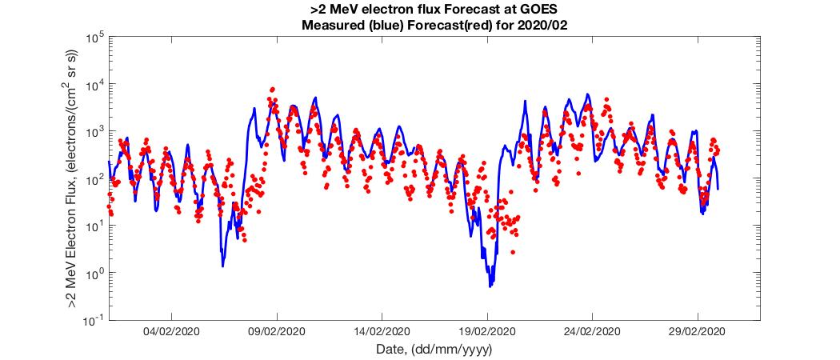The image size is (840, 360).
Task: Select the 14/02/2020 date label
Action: [382, 331]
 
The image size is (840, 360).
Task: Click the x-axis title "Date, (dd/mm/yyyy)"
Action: [434, 350]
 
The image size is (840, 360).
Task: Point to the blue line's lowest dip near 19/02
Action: [490, 286]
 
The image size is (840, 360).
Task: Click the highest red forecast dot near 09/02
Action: [273, 90]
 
